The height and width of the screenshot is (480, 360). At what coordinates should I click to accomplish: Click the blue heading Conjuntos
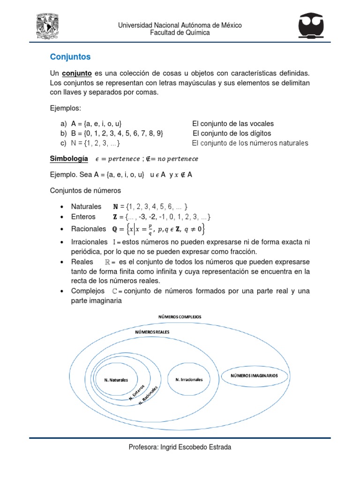(x=70, y=57)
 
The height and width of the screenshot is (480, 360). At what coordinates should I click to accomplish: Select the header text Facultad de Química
(x=180, y=33)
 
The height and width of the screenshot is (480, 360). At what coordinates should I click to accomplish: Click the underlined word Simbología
(x=69, y=159)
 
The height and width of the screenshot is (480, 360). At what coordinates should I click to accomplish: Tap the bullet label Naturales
(x=86, y=206)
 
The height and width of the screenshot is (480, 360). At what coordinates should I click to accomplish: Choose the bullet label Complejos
(x=88, y=291)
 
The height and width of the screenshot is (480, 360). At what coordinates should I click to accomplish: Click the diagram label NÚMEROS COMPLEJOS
(x=180, y=317)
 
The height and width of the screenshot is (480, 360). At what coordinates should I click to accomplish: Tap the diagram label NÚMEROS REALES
(x=152, y=331)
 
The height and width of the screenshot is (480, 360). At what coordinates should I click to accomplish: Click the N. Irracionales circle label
(x=188, y=379)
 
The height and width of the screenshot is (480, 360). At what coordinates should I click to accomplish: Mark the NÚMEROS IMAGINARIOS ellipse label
(x=253, y=375)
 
